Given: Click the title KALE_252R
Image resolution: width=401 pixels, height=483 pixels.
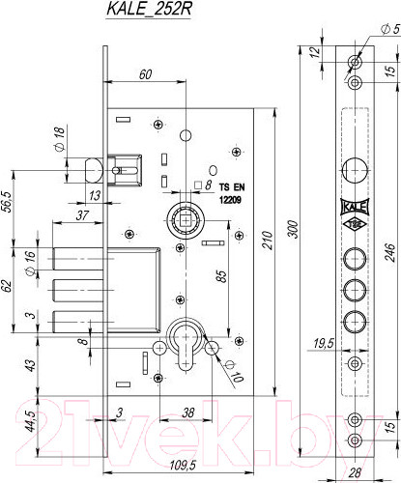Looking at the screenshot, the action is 149,10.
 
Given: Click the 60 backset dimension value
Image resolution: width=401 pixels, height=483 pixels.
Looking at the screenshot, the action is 145,74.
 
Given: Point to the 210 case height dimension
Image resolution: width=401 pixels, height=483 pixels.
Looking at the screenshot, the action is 268,240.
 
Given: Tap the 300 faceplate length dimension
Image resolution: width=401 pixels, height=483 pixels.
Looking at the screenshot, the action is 294,229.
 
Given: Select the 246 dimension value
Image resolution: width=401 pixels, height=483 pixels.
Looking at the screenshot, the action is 389,253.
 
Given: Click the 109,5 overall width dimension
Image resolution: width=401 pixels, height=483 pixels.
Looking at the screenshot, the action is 183,466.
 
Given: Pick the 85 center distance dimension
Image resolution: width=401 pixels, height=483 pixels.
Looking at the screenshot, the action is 221,276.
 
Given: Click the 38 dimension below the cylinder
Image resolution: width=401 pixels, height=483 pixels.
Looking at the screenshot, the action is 188,412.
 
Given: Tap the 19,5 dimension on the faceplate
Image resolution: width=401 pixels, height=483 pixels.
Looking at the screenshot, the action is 324,344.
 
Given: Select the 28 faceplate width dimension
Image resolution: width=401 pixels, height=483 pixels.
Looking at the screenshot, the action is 355,472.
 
